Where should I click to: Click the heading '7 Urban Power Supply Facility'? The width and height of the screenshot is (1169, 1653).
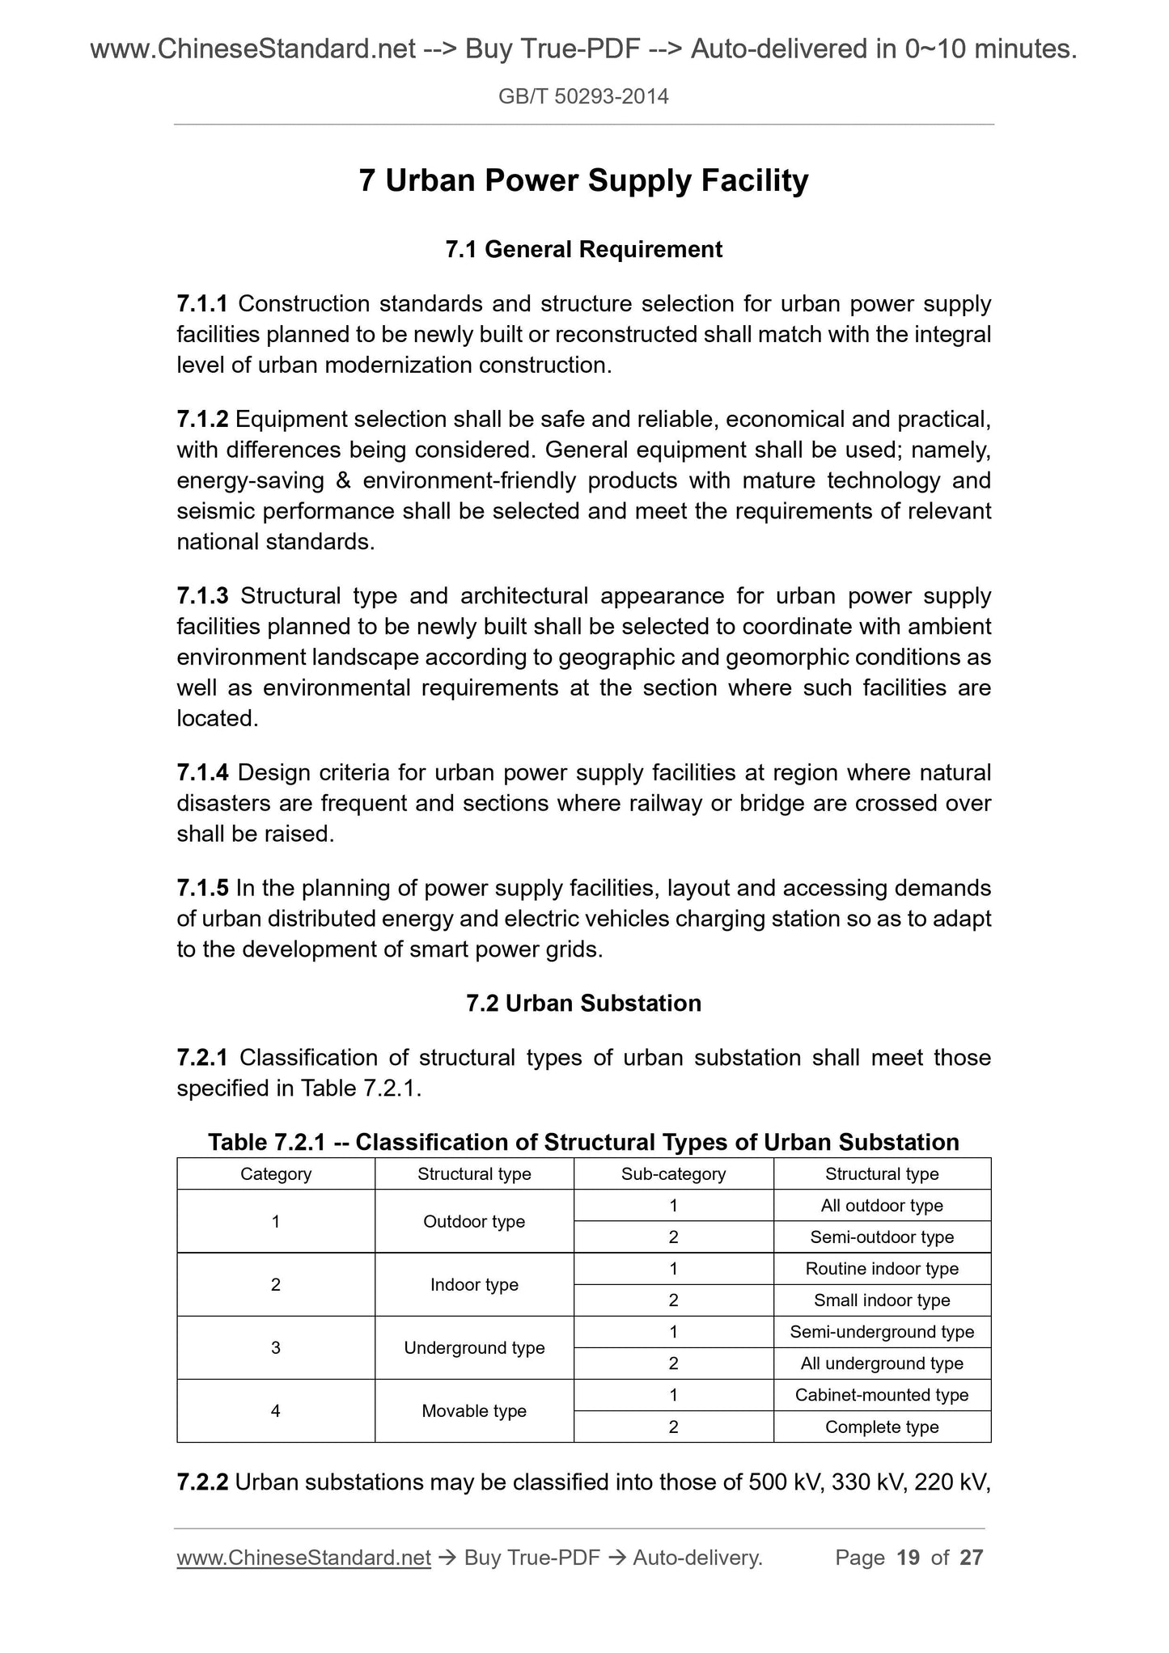click(x=583, y=180)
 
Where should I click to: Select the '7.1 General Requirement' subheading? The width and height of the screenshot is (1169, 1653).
click(x=583, y=249)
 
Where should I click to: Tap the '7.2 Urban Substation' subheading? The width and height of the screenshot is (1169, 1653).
click(x=583, y=1003)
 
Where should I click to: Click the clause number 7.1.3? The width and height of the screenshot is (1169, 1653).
click(x=202, y=596)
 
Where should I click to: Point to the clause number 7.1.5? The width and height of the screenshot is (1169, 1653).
click(x=202, y=888)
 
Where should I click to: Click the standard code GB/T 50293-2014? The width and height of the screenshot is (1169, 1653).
click(x=583, y=97)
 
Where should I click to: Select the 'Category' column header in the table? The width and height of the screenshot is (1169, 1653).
click(x=276, y=1173)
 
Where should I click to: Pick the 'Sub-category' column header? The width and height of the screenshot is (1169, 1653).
click(x=673, y=1173)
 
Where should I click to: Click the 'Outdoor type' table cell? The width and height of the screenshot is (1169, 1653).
click(x=474, y=1221)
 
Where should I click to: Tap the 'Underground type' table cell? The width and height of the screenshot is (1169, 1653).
click(x=474, y=1347)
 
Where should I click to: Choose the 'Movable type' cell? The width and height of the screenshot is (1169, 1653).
click(x=474, y=1410)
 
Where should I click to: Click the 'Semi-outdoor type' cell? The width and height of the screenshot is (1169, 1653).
click(x=882, y=1237)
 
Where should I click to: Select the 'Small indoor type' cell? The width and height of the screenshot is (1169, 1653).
click(x=882, y=1300)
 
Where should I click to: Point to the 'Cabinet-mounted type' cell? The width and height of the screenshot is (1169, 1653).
click(x=882, y=1394)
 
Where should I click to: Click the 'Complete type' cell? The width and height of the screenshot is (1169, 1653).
click(x=882, y=1427)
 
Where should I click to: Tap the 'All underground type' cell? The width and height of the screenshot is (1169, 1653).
click(x=882, y=1363)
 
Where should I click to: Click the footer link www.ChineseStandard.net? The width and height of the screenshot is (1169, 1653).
click(x=303, y=1558)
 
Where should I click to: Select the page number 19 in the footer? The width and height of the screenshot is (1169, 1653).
click(x=909, y=1558)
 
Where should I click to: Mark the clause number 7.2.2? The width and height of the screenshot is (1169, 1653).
click(x=202, y=1482)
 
